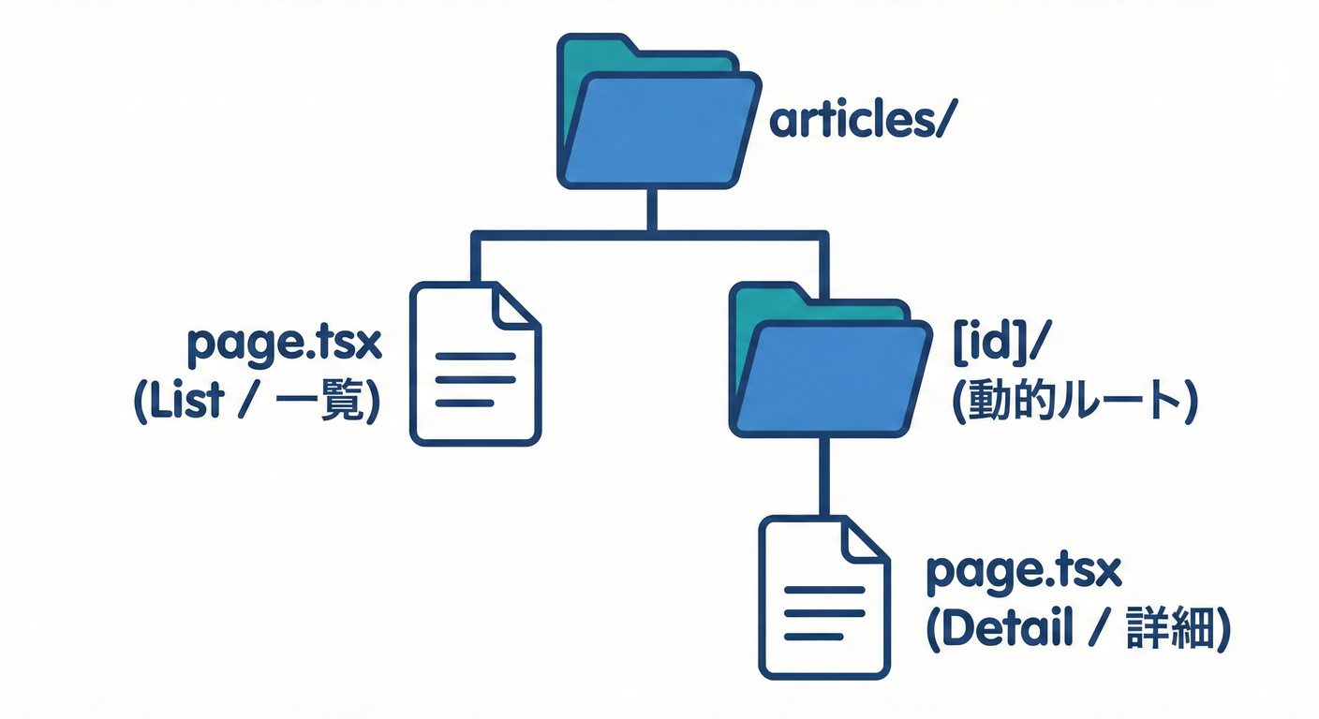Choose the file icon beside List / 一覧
(x=476, y=365)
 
